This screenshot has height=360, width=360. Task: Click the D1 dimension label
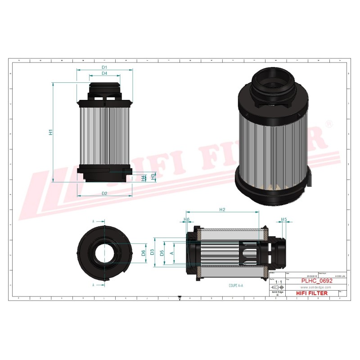pos(104,67)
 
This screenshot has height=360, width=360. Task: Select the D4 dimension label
pos(104,73)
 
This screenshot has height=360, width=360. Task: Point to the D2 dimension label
pos(104,193)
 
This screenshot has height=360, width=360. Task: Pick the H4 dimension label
pos(144,178)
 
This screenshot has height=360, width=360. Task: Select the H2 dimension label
pos(222,209)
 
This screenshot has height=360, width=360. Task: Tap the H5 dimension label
pos(283,220)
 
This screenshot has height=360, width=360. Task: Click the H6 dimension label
pos(186,220)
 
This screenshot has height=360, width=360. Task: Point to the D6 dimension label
pos(144,252)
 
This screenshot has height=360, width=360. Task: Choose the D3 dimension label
pos(153,252)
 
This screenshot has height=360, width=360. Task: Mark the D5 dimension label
pos(162,252)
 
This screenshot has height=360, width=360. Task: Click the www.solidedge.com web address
pos(315,287)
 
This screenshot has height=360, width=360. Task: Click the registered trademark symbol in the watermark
pos(329,123)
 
